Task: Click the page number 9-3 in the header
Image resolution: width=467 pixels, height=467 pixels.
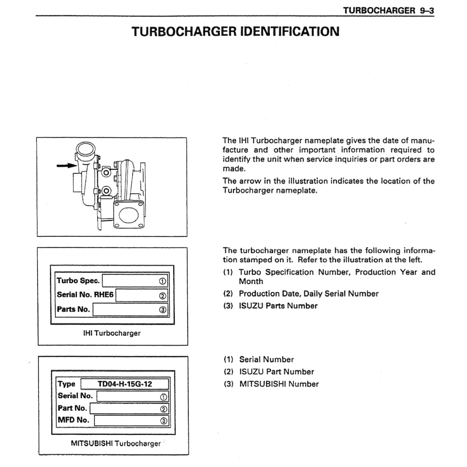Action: (x=424, y=10)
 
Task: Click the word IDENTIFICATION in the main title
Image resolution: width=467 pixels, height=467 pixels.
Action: (x=290, y=31)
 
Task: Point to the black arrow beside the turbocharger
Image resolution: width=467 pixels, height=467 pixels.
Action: (x=65, y=165)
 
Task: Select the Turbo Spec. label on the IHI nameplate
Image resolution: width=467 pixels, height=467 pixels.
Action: (x=78, y=281)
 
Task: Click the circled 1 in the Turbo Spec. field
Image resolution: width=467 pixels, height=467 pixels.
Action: (x=162, y=281)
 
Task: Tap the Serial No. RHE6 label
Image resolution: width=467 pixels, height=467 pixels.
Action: (x=85, y=295)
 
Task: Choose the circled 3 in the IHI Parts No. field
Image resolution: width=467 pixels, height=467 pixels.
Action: (x=162, y=310)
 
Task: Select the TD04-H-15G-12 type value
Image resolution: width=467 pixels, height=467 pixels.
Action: (x=125, y=384)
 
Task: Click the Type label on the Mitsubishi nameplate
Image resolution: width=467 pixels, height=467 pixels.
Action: (x=67, y=384)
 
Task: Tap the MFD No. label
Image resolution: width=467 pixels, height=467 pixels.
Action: (x=74, y=420)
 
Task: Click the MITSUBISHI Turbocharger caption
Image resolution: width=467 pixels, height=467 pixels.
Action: (x=116, y=444)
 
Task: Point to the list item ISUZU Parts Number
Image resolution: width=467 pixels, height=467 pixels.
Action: (x=278, y=306)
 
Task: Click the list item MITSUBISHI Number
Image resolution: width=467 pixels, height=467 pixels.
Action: (x=279, y=384)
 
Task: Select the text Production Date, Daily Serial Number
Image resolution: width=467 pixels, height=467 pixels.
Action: (x=308, y=293)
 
